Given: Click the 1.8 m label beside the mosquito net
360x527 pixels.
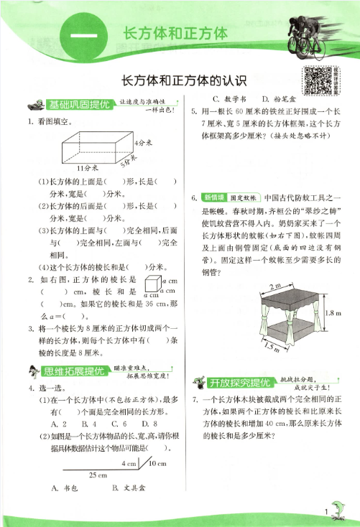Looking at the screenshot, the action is [332, 314].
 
